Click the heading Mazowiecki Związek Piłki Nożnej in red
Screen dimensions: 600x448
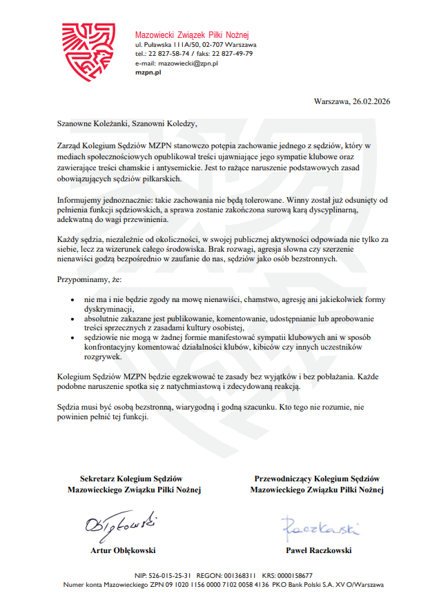click(x=191, y=34)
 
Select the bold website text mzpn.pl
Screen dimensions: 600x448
click(x=148, y=72)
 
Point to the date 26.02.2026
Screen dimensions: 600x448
click(x=371, y=101)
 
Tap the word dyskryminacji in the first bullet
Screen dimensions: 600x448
click(x=111, y=310)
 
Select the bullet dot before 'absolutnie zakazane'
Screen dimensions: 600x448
click(x=74, y=320)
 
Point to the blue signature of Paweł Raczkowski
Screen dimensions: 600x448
click(x=320, y=529)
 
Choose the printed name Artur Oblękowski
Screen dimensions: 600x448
click(x=123, y=550)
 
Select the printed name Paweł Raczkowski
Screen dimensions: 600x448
click(x=318, y=550)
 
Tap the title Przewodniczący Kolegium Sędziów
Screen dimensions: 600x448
click(x=317, y=479)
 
